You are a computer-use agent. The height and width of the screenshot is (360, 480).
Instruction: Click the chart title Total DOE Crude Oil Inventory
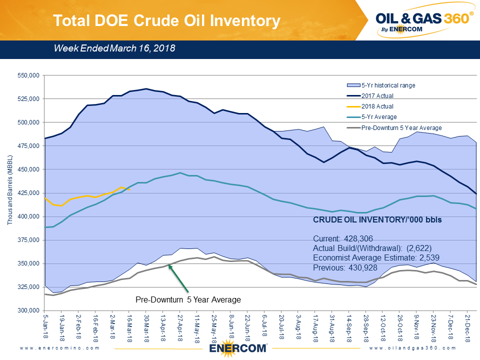pyautogui.click(x=166, y=20)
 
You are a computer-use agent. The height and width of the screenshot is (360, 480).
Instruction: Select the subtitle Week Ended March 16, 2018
pyautogui.click(x=114, y=48)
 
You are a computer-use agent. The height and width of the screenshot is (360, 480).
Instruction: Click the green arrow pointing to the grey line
pyautogui.click(x=178, y=278)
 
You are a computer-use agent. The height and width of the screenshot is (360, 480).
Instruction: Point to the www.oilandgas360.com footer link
pyautogui.click(x=412, y=347)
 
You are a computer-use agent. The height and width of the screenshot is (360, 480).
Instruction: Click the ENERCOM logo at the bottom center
pyautogui.click(x=238, y=348)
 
